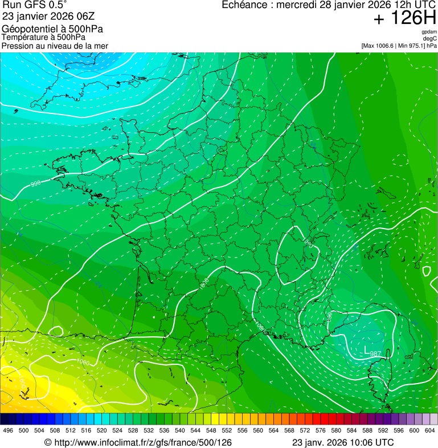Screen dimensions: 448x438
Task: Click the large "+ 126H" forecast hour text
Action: [x=404, y=18]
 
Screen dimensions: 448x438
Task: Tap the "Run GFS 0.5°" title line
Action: [x=35, y=5]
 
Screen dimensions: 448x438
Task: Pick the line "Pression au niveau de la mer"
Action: [x=55, y=46]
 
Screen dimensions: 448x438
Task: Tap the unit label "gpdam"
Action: [x=429, y=32]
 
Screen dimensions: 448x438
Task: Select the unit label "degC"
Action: [x=430, y=39]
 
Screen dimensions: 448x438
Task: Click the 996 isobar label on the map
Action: [x=35, y=184]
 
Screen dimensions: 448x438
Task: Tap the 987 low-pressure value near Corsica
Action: [x=375, y=353]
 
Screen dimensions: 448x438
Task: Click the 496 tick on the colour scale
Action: [x=8, y=431]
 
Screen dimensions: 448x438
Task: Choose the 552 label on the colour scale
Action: [x=227, y=431]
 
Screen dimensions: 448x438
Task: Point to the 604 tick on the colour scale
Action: [x=430, y=431]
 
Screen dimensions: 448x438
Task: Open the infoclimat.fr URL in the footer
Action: [x=138, y=442]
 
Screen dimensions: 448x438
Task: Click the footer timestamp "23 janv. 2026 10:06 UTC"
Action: [x=342, y=442]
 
